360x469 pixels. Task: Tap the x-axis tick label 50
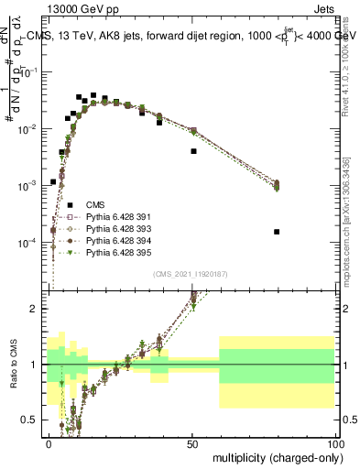click(x=193, y=443)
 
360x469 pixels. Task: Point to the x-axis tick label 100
click(x=336, y=443)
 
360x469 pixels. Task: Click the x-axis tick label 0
click(x=49, y=443)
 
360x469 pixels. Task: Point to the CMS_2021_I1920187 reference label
click(x=192, y=274)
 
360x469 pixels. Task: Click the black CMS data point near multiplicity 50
click(x=193, y=151)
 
